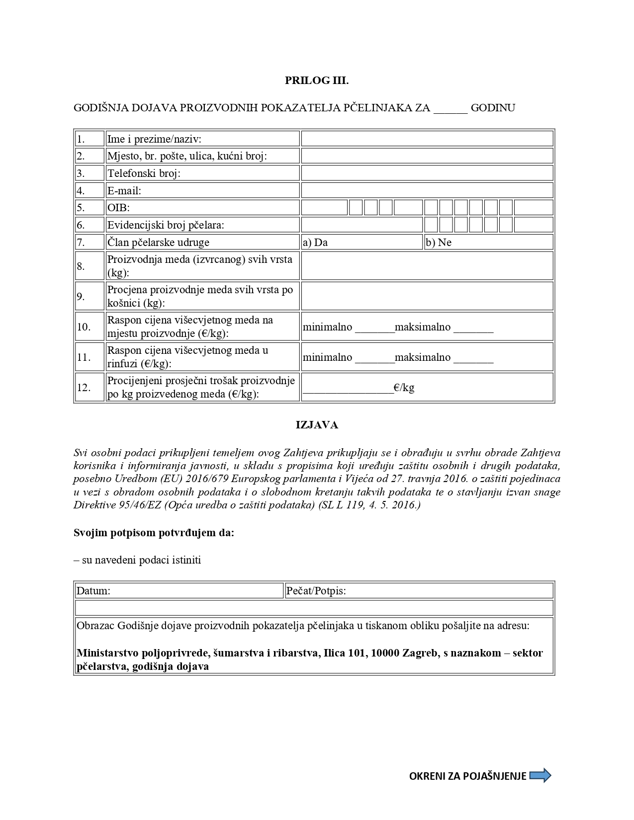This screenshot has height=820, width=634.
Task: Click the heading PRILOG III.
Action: click(317, 81)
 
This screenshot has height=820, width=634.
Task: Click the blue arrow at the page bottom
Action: click(541, 775)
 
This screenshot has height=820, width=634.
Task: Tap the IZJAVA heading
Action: click(317, 425)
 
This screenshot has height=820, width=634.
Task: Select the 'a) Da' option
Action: click(315, 243)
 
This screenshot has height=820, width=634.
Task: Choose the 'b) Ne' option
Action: click(438, 243)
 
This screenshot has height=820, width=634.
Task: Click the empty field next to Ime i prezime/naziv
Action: click(427, 139)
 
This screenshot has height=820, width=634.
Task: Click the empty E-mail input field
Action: click(427, 190)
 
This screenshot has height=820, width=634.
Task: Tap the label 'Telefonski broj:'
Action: click(144, 173)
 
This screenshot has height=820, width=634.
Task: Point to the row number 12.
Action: click(84, 388)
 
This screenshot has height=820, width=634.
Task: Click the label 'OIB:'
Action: click(118, 208)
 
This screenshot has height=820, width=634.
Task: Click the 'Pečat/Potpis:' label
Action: click(316, 591)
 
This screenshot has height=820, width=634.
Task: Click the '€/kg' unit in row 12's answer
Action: click(404, 388)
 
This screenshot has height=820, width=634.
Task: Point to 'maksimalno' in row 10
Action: click(423, 327)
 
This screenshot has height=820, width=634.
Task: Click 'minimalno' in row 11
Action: click(327, 357)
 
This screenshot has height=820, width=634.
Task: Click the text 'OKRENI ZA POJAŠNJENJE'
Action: click(467, 776)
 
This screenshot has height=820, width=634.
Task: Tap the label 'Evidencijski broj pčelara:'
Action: click(166, 225)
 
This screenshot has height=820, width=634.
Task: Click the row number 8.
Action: click(81, 266)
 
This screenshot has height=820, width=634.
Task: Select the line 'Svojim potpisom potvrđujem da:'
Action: click(154, 533)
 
